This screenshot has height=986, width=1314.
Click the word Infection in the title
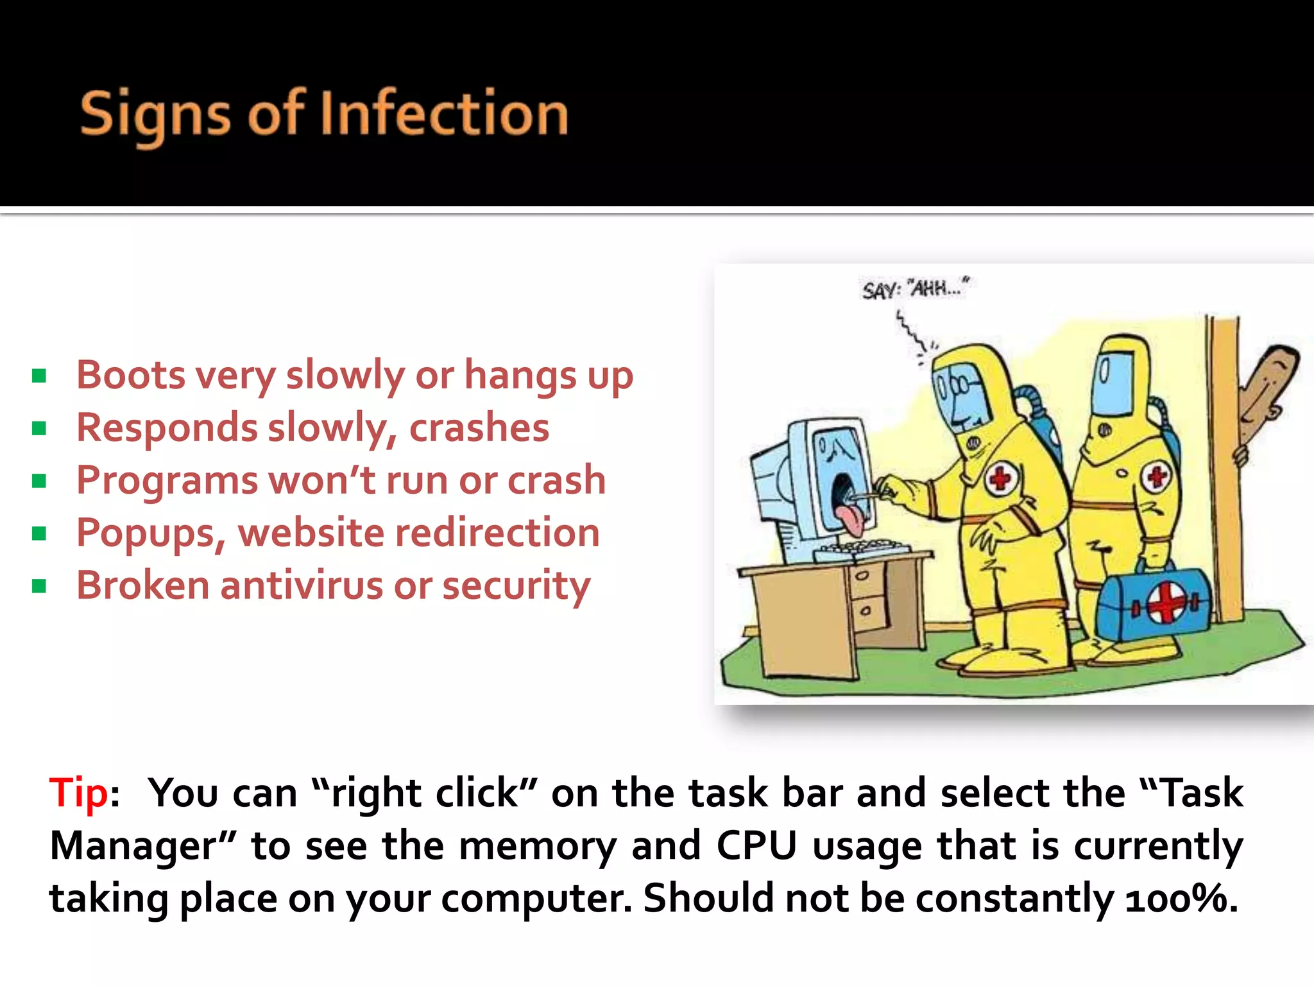click(x=444, y=114)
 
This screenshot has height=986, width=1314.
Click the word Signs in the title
click(x=155, y=116)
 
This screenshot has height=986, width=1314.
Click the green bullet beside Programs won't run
click(x=39, y=481)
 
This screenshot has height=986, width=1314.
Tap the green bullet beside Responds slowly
click(x=39, y=428)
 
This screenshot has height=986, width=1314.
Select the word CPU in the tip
click(x=756, y=845)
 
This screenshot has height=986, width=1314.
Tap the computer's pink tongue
click(x=851, y=520)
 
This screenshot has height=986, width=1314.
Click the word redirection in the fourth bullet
click(x=497, y=533)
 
